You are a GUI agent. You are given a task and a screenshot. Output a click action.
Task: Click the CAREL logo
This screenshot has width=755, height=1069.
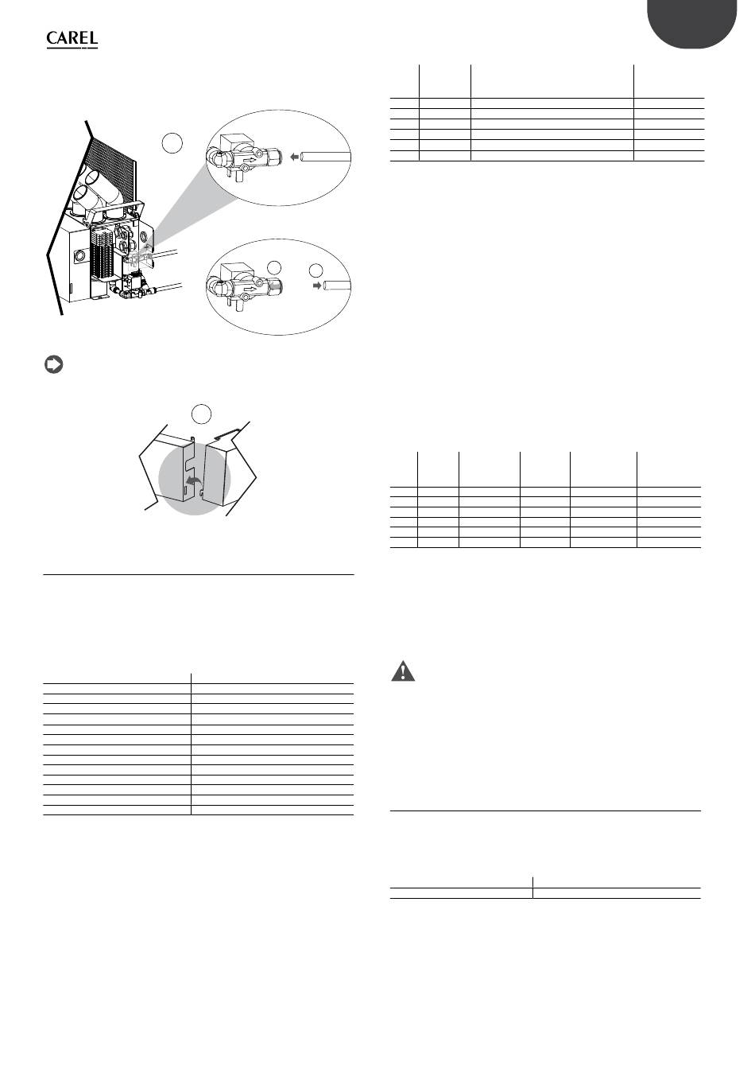pos(72,40)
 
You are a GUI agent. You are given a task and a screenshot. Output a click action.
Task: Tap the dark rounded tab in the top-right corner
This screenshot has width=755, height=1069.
pos(691,22)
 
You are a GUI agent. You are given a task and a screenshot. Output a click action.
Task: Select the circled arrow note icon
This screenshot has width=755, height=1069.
pos(54,365)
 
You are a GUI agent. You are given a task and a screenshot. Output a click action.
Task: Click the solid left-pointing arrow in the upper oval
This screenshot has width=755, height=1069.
pos(295,156)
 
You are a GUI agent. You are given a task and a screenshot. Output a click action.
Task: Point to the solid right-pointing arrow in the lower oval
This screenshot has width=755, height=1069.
pos(316,286)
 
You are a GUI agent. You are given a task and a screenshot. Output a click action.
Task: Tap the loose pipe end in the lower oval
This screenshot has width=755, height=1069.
pos(337,286)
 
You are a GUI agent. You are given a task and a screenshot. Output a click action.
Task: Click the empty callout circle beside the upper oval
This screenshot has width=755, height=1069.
pos(172,142)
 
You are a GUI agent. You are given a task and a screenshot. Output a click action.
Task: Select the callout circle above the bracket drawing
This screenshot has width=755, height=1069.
pos(201,414)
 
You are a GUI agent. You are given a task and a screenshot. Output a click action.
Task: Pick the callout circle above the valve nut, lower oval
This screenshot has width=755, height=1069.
pos(273,267)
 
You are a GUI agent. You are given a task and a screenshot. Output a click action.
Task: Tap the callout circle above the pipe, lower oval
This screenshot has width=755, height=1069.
pos(316,270)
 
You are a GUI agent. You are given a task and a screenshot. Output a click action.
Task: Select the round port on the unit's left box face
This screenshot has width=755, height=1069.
pos(78,255)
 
